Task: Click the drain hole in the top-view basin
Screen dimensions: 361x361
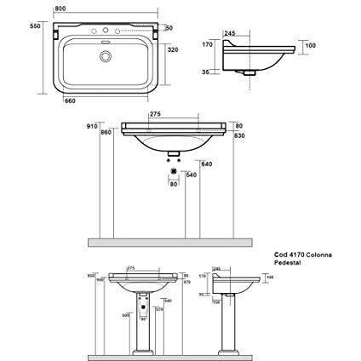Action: tap(106, 58)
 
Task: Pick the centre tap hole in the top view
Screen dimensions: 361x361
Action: tap(106, 35)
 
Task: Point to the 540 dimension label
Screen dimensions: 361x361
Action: tap(192, 175)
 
